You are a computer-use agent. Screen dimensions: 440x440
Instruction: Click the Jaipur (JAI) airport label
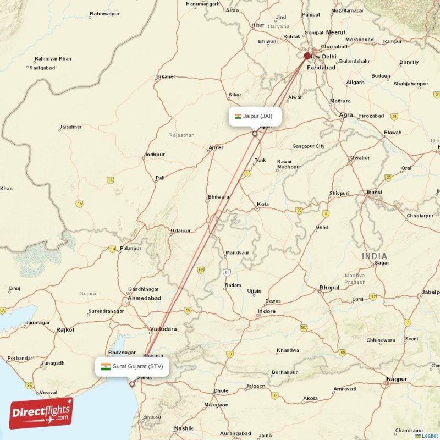click(x=255, y=117)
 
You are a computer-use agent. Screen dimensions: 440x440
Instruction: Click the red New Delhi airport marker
click(x=307, y=56)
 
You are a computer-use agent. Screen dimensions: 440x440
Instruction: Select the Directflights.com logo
click(x=41, y=413)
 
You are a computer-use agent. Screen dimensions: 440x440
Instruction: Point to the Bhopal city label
click(x=329, y=288)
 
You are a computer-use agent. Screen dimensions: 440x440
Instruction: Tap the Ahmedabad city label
click(x=144, y=298)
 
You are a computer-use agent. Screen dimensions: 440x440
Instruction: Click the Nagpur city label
click(x=397, y=379)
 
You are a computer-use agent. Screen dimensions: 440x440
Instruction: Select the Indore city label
click(x=267, y=312)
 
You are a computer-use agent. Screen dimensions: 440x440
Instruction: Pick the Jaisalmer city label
click(x=70, y=127)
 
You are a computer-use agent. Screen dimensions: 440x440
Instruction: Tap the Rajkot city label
click(x=65, y=330)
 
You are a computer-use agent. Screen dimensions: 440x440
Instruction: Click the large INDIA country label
click(x=375, y=256)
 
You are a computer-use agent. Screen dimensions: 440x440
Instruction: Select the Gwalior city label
click(x=360, y=157)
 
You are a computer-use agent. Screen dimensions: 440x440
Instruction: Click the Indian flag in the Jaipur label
click(x=238, y=117)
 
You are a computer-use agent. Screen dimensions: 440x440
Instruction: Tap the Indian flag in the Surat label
click(x=106, y=366)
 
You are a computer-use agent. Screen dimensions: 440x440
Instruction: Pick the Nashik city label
click(x=184, y=428)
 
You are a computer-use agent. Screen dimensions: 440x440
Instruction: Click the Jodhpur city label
click(x=155, y=155)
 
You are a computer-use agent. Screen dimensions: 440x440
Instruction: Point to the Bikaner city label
click(x=166, y=76)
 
